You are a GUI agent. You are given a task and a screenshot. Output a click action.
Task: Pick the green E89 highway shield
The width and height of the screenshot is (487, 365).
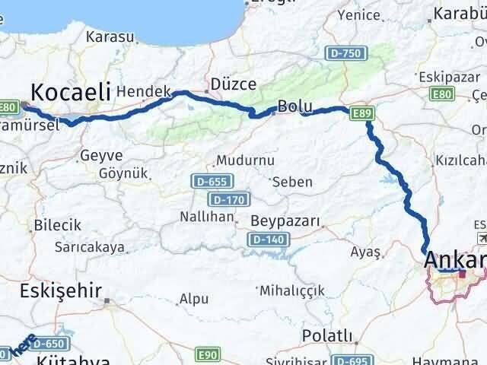362,113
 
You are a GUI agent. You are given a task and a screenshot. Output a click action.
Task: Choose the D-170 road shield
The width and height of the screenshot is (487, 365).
226,199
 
